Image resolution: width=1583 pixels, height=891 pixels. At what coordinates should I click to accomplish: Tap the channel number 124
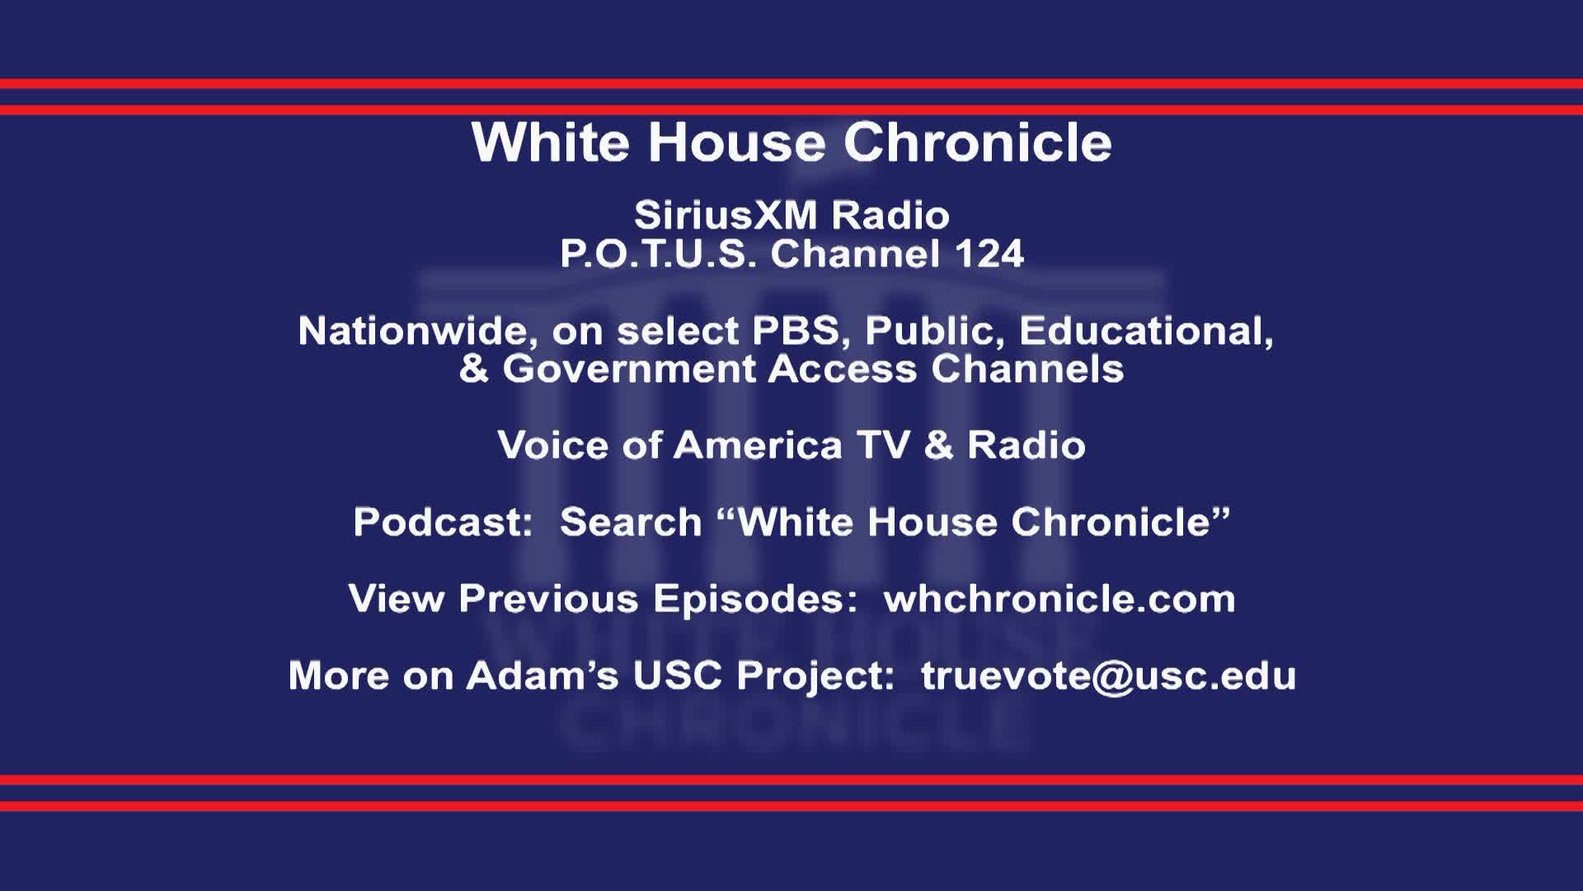coord(989,254)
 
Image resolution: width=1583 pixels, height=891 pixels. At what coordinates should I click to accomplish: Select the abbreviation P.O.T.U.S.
coord(658,254)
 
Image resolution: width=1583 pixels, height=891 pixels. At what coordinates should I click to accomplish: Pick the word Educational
coord(1146,332)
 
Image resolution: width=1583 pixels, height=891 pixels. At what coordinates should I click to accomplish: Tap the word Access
coord(842,369)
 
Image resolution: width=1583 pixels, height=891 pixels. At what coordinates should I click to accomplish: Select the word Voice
coord(552,445)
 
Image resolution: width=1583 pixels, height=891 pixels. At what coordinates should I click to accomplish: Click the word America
coord(758,445)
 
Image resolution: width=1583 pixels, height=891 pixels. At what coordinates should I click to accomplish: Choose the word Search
coord(631,522)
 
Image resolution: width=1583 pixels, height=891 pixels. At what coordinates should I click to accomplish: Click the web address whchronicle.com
coord(1059,599)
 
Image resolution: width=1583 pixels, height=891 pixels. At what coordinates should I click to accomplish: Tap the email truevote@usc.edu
coord(1108,676)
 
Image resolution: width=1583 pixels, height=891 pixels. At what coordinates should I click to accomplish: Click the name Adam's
coord(543,676)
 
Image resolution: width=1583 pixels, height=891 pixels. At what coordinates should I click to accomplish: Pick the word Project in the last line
coord(815,676)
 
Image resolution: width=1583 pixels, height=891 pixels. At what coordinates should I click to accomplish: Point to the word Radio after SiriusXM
coord(890,216)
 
